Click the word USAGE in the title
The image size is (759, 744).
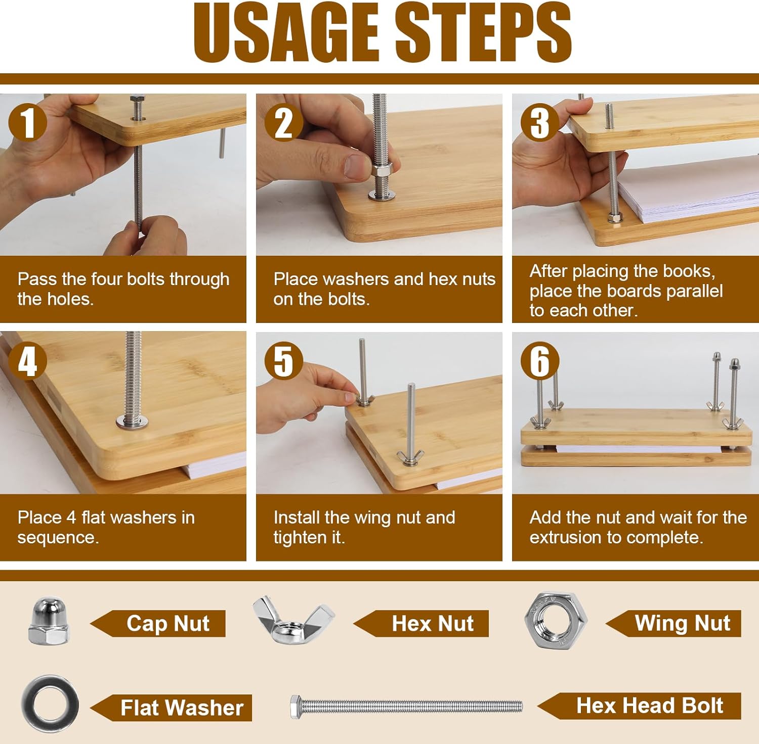point(286,32)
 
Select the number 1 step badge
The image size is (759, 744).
point(28,123)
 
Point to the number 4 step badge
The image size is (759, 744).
point(28,361)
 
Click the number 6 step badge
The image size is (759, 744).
point(540,361)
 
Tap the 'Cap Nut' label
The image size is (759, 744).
point(168,623)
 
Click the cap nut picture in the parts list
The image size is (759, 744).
point(49,621)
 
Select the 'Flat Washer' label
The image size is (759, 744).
point(182,708)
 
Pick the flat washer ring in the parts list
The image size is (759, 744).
point(50,682)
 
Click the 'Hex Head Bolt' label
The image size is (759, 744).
point(650,706)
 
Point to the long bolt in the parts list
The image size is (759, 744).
point(406,706)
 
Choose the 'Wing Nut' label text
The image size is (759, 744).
point(683,623)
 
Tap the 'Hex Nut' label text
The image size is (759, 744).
point(433,623)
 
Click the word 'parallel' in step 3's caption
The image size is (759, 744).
point(694,291)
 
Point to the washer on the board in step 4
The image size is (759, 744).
point(133,421)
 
